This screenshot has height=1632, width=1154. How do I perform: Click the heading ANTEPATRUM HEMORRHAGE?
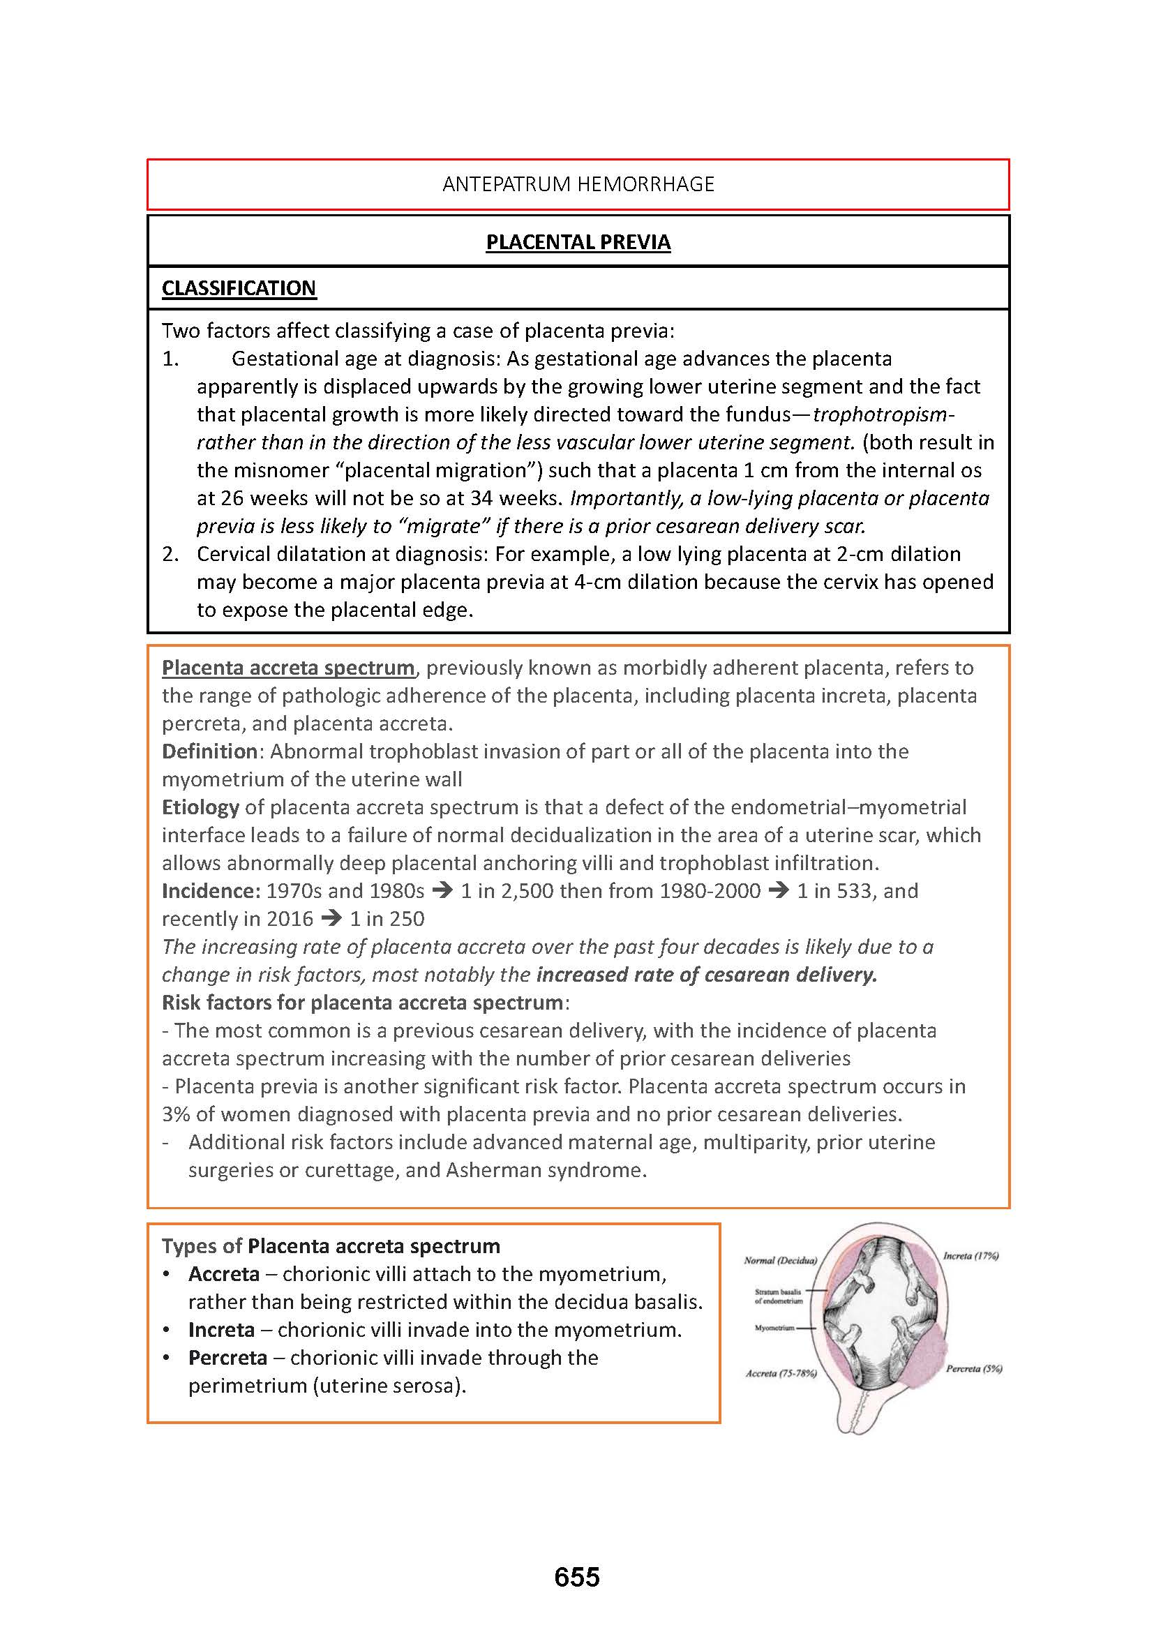click(x=578, y=184)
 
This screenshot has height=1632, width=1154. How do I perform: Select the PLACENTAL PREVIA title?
click(x=578, y=242)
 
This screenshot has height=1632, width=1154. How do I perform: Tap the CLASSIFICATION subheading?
click(x=239, y=288)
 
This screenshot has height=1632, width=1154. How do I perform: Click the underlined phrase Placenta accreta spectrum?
click(x=287, y=668)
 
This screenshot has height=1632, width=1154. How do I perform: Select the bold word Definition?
click(x=209, y=751)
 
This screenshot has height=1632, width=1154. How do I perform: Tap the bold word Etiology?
click(x=200, y=807)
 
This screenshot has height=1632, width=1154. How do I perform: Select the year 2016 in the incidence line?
click(x=290, y=918)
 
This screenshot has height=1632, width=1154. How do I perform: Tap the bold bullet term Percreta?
click(x=227, y=1357)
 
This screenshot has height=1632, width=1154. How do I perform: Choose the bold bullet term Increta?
click(x=221, y=1329)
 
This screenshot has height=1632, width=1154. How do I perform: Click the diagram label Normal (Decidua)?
click(x=780, y=1260)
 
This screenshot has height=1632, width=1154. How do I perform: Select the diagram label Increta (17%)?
click(x=971, y=1256)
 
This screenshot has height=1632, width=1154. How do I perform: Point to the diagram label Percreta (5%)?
click(x=973, y=1368)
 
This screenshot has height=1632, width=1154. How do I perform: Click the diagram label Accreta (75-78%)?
click(x=781, y=1373)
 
